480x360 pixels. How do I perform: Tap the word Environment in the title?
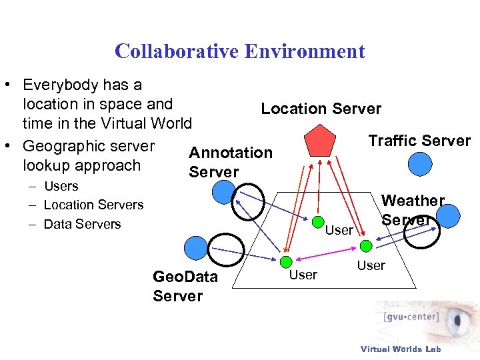point(305,51)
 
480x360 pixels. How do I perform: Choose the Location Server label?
point(321,109)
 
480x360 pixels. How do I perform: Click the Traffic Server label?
point(419,141)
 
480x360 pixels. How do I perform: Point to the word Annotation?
point(231,153)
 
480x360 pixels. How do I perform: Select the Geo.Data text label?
point(185,276)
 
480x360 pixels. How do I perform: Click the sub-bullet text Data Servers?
point(82,224)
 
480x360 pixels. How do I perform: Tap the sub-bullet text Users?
point(61,187)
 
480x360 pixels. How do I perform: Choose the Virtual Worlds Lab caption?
point(400,349)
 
